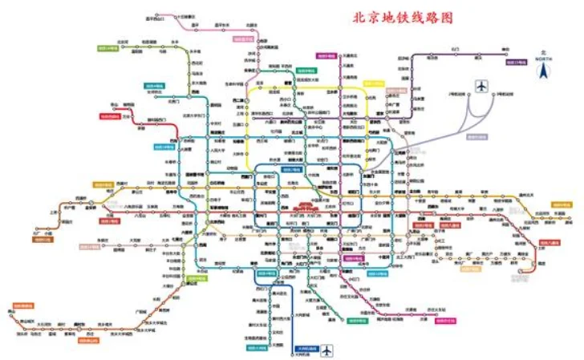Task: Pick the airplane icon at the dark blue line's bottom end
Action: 327,350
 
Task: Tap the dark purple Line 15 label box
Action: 515,62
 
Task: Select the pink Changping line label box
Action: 243,38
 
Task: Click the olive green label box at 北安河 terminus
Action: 107,48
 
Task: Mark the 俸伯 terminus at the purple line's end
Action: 505,50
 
